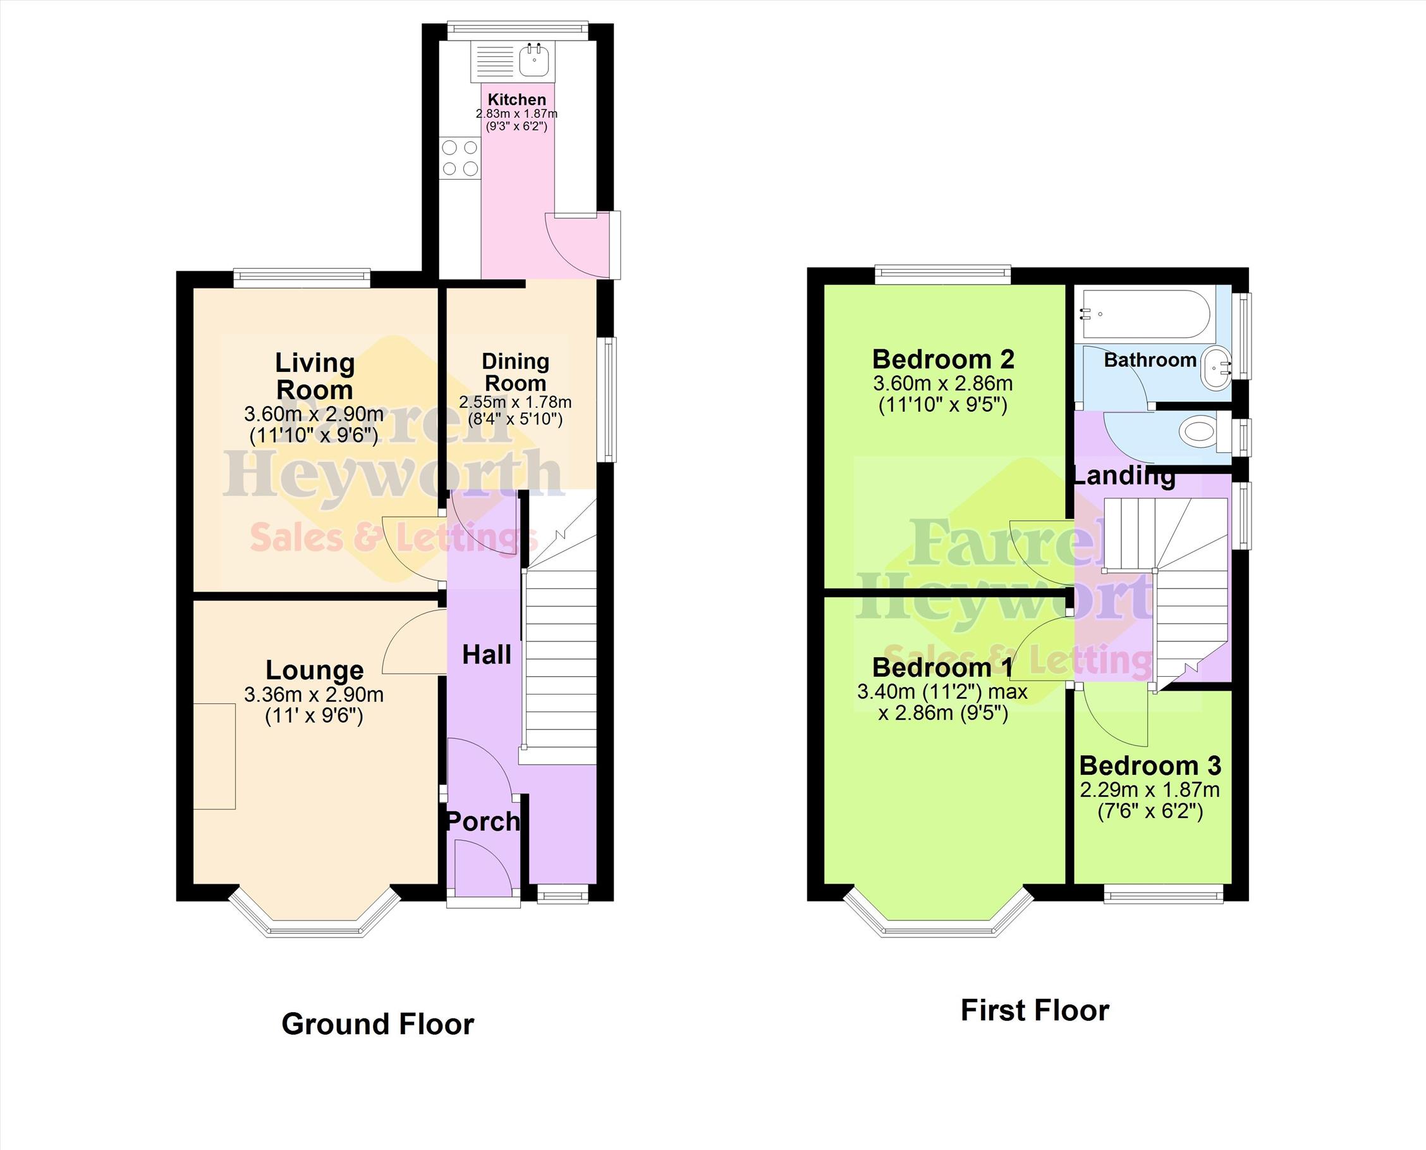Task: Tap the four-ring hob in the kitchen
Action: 460,158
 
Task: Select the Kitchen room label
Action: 517,99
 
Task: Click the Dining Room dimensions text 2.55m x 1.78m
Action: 515,402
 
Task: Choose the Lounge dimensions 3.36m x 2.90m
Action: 314,695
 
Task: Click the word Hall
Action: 487,655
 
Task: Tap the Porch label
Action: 484,822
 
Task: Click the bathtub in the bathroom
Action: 1145,314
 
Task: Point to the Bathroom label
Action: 1150,361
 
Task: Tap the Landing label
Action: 1124,476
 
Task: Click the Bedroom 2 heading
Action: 942,360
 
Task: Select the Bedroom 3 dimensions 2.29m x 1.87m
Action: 1150,790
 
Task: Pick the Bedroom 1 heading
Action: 942,668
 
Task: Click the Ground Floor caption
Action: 378,1024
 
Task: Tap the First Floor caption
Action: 1035,1011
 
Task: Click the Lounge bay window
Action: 314,918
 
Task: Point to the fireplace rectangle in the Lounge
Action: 214,757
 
